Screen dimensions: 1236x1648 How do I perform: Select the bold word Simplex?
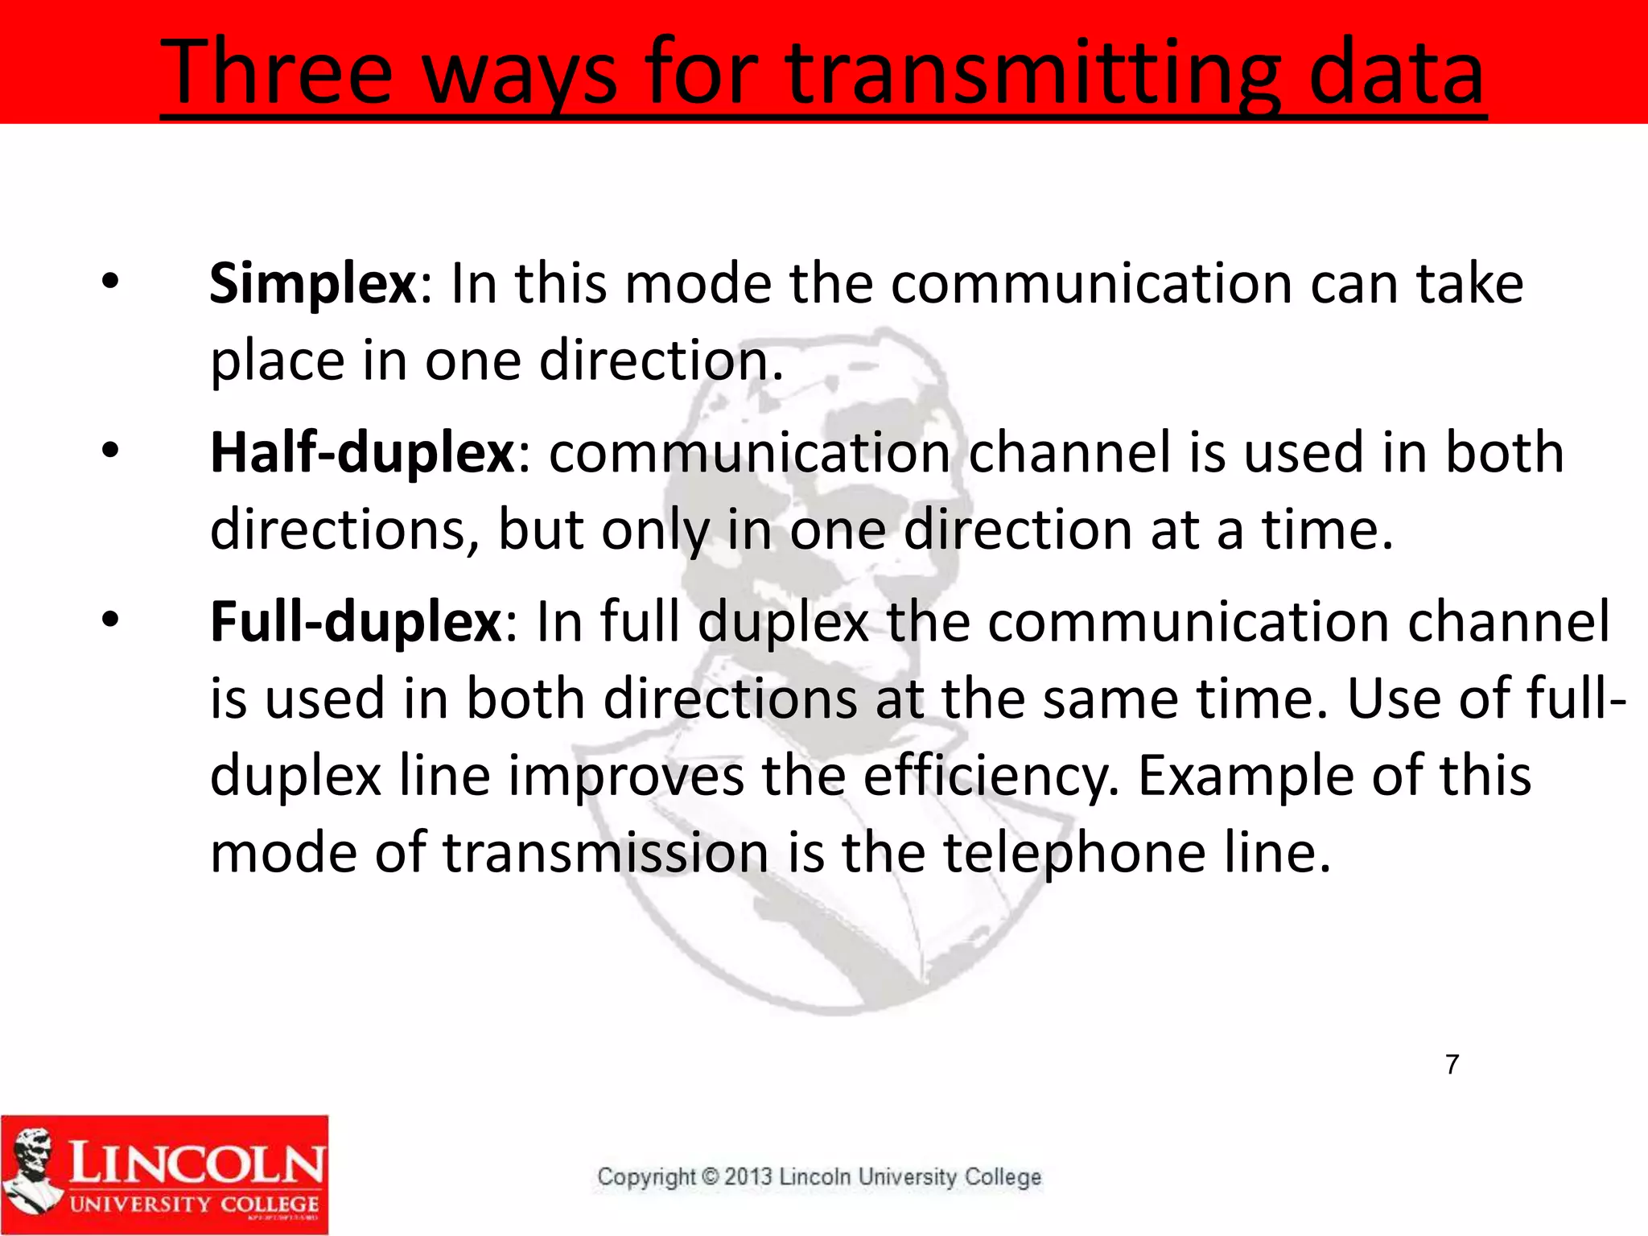click(313, 285)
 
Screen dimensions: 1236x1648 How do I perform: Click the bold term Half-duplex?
click(362, 454)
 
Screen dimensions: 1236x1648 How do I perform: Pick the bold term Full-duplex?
click(356, 623)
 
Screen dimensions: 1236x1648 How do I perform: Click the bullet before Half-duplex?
click(110, 451)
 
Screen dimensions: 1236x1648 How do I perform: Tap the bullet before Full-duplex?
click(110, 620)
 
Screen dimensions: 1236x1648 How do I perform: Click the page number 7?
click(1452, 1065)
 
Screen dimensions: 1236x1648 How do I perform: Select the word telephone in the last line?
click(1074, 854)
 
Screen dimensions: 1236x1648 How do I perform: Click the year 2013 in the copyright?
click(748, 1176)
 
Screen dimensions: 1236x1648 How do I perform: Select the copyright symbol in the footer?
click(710, 1176)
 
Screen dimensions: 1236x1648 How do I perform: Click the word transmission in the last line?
click(605, 854)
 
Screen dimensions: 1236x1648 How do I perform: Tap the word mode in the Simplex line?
click(698, 285)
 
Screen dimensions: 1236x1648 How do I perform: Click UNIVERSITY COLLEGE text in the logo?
click(194, 1205)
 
